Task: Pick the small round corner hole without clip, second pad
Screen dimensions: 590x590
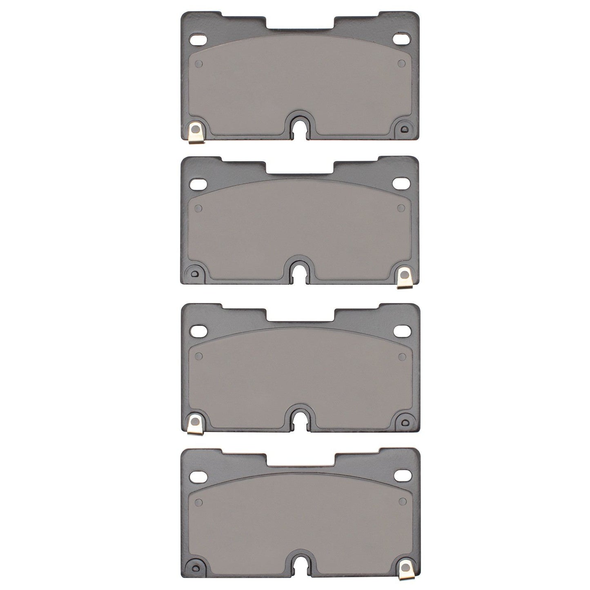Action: [x=195, y=273]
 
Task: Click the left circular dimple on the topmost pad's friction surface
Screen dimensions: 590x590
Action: [x=199, y=64]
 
